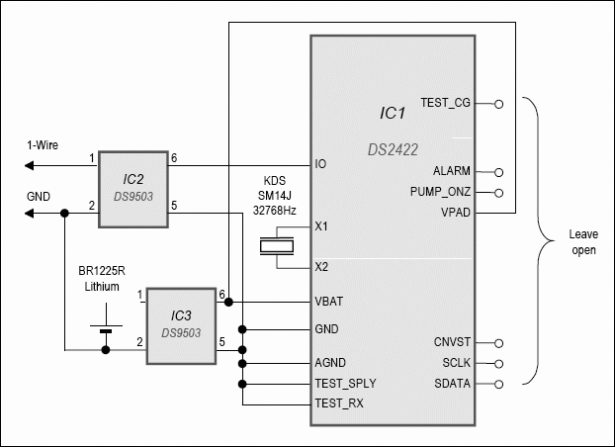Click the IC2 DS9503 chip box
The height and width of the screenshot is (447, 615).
pos(133,189)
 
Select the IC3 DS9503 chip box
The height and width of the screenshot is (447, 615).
pos(181,326)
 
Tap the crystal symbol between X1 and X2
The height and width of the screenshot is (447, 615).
pos(277,246)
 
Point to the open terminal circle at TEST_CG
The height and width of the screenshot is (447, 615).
pos(498,104)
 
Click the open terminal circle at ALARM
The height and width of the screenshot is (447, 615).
pos(498,172)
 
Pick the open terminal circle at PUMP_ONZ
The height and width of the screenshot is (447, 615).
pos(498,193)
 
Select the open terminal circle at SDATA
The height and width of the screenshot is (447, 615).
pos(498,385)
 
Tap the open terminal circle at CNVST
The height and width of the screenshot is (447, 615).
pos(498,343)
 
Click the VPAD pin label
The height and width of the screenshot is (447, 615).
pos(456,213)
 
